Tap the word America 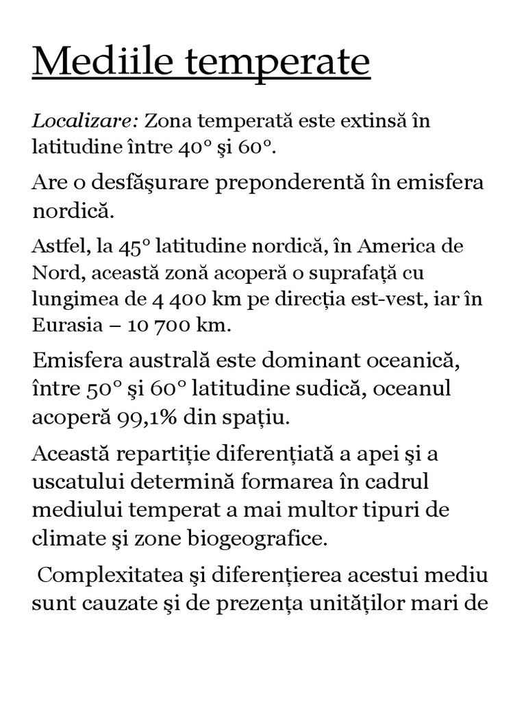click(399, 246)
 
